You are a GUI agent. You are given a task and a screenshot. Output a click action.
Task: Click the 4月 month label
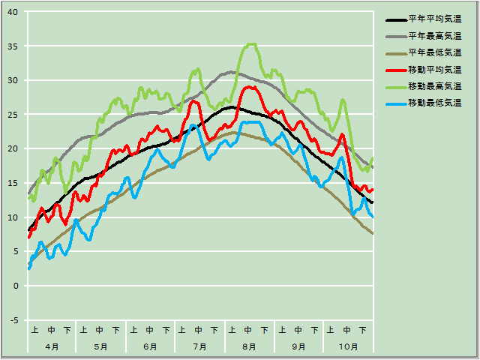(52, 346)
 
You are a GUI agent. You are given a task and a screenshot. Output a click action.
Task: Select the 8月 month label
(249, 346)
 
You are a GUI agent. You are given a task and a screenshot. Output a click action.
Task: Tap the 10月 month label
(348, 346)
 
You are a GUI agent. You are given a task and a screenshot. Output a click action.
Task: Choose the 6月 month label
(150, 346)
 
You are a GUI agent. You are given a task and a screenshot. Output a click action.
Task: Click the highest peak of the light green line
(251, 44)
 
